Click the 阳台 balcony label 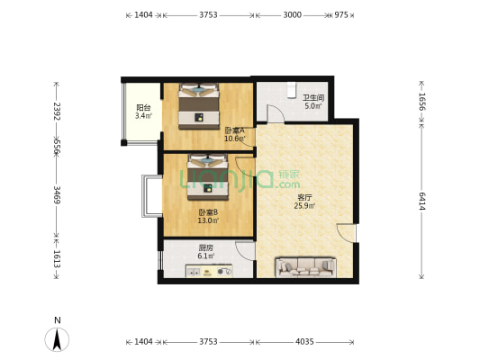click(143, 108)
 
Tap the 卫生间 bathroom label click(313, 98)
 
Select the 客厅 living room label click(304, 197)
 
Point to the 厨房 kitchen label click(205, 247)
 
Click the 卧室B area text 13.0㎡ click(208, 220)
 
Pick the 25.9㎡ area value click(304, 206)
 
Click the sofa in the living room click(305, 267)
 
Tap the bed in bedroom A click(199, 106)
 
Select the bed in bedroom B click(208, 177)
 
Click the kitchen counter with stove click(209, 271)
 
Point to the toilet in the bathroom click(292, 90)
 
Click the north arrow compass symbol click(57, 339)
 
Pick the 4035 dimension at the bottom click(304, 341)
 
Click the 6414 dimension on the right click(422, 201)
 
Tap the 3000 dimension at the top click(293, 14)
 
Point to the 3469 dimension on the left click(57, 194)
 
